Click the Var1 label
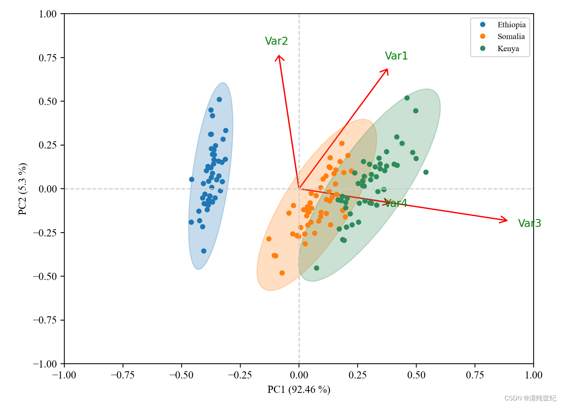pos(396,56)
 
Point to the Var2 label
pos(276,41)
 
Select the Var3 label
pos(529,223)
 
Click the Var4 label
pos(396,203)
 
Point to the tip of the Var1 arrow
pos(387,69)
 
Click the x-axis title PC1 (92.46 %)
pos(299,389)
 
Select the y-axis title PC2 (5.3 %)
pos(23,189)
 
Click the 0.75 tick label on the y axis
pos(48,58)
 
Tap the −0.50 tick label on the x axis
pos(181,375)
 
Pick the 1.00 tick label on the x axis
pos(533,375)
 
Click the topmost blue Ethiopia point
pos(219,100)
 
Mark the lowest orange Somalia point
pos(282,273)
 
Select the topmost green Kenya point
pos(407,98)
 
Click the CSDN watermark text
pos(530,398)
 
